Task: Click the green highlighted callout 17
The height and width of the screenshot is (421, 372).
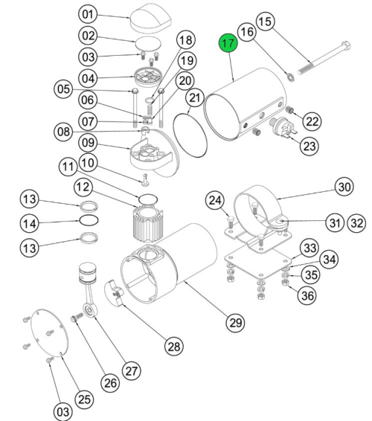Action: click(x=228, y=44)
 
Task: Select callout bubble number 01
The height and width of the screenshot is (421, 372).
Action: click(x=89, y=14)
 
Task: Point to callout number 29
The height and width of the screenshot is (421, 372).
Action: click(x=235, y=322)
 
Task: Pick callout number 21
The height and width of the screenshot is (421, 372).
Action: click(x=194, y=97)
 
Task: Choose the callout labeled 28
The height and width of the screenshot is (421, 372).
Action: click(x=173, y=346)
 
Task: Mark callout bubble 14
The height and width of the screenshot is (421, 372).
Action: click(x=31, y=222)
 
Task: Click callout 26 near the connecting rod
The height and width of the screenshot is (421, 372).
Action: click(x=109, y=383)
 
